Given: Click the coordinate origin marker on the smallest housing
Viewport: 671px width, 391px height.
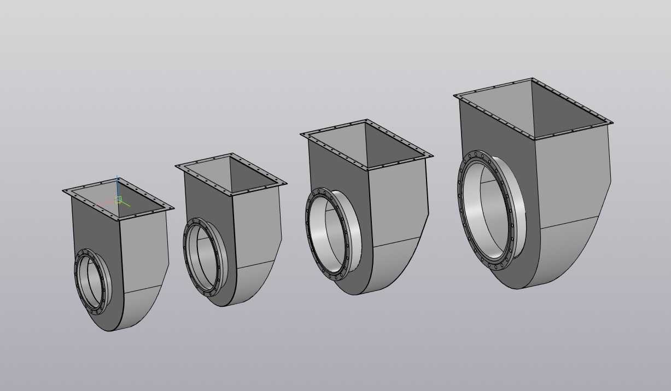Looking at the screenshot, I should (x=118, y=200).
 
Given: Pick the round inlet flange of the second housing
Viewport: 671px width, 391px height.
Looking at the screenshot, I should (x=187, y=257).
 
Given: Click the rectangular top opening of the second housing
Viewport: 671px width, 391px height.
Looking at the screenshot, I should (x=231, y=174).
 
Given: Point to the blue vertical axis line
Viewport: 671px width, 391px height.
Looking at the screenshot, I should (x=118, y=186).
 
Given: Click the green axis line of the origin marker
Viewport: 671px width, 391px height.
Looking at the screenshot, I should (x=125, y=204).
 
